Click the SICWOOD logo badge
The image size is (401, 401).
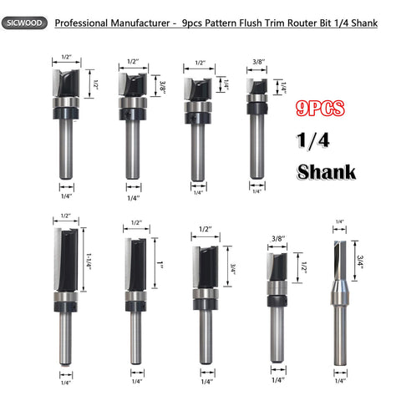(x=24, y=23)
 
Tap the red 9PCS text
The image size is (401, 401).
(x=320, y=109)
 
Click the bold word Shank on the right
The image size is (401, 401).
(x=327, y=172)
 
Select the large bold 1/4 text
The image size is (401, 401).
(x=313, y=140)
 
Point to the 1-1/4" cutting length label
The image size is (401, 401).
(x=89, y=261)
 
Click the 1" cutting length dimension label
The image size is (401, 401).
(x=160, y=263)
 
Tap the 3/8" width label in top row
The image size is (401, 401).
(x=259, y=62)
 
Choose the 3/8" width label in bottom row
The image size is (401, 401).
(x=278, y=238)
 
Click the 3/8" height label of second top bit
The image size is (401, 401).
(x=162, y=85)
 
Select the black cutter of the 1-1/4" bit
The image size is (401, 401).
(x=66, y=260)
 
